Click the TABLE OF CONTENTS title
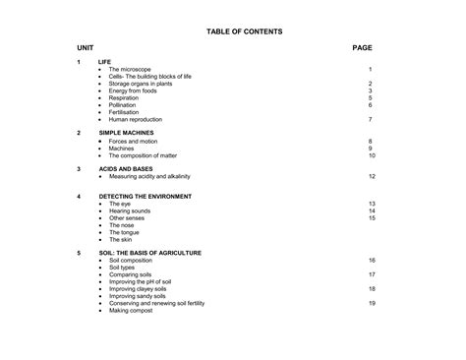[244, 31]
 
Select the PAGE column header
[362, 47]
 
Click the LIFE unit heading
[105, 62]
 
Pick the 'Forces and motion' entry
[133, 142]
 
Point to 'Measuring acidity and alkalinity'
[149, 176]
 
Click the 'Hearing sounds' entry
[130, 210]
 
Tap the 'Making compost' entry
[131, 310]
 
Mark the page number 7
[371, 119]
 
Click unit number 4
[79, 196]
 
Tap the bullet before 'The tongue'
[100, 232]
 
